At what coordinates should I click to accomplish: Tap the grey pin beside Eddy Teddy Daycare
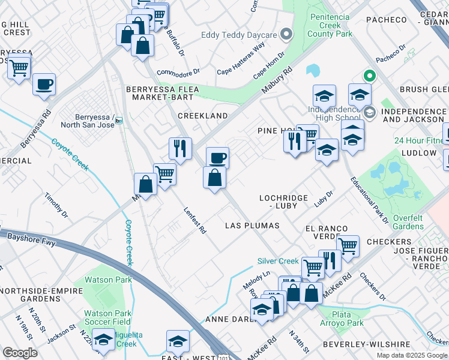point(287,34)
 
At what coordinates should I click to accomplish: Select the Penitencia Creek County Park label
point(330,26)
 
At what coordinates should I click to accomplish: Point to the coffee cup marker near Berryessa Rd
point(44,84)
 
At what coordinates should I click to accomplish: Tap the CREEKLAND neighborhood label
point(202,115)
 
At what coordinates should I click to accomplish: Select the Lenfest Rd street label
point(194,220)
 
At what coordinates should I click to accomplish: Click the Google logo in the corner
point(20,353)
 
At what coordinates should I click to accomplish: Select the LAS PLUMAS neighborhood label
point(252,226)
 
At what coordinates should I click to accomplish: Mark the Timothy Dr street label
point(56,205)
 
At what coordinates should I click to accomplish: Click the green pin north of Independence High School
point(369,76)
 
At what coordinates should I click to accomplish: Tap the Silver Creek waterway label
point(278,261)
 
